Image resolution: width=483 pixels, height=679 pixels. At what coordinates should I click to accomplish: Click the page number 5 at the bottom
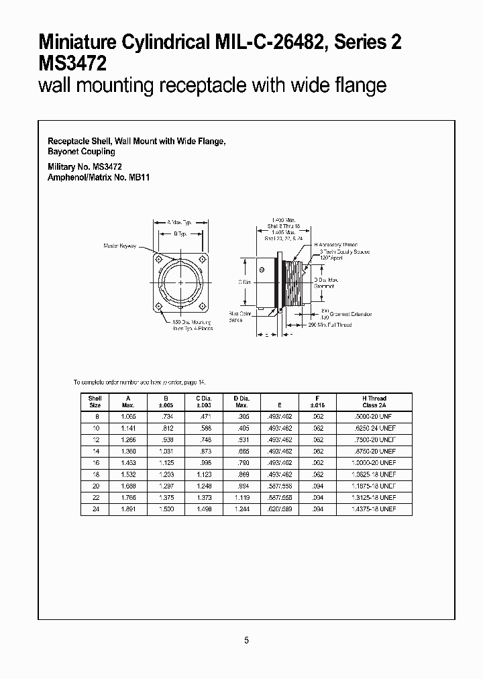tap(246, 640)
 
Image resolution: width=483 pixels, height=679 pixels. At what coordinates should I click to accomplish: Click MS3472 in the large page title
tap(72, 64)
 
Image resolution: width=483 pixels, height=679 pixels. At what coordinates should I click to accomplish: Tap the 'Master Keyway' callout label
tap(120, 246)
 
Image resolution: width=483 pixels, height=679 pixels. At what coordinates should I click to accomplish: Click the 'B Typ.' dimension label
tap(180, 234)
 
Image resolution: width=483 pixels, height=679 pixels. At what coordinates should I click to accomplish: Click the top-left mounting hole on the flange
tap(159, 260)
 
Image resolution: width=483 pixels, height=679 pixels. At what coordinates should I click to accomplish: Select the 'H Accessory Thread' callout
tap(335, 245)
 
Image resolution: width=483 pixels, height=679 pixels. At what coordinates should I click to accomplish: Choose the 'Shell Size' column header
tap(95, 402)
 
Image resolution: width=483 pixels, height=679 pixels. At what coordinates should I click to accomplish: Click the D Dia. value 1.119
tap(239, 498)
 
